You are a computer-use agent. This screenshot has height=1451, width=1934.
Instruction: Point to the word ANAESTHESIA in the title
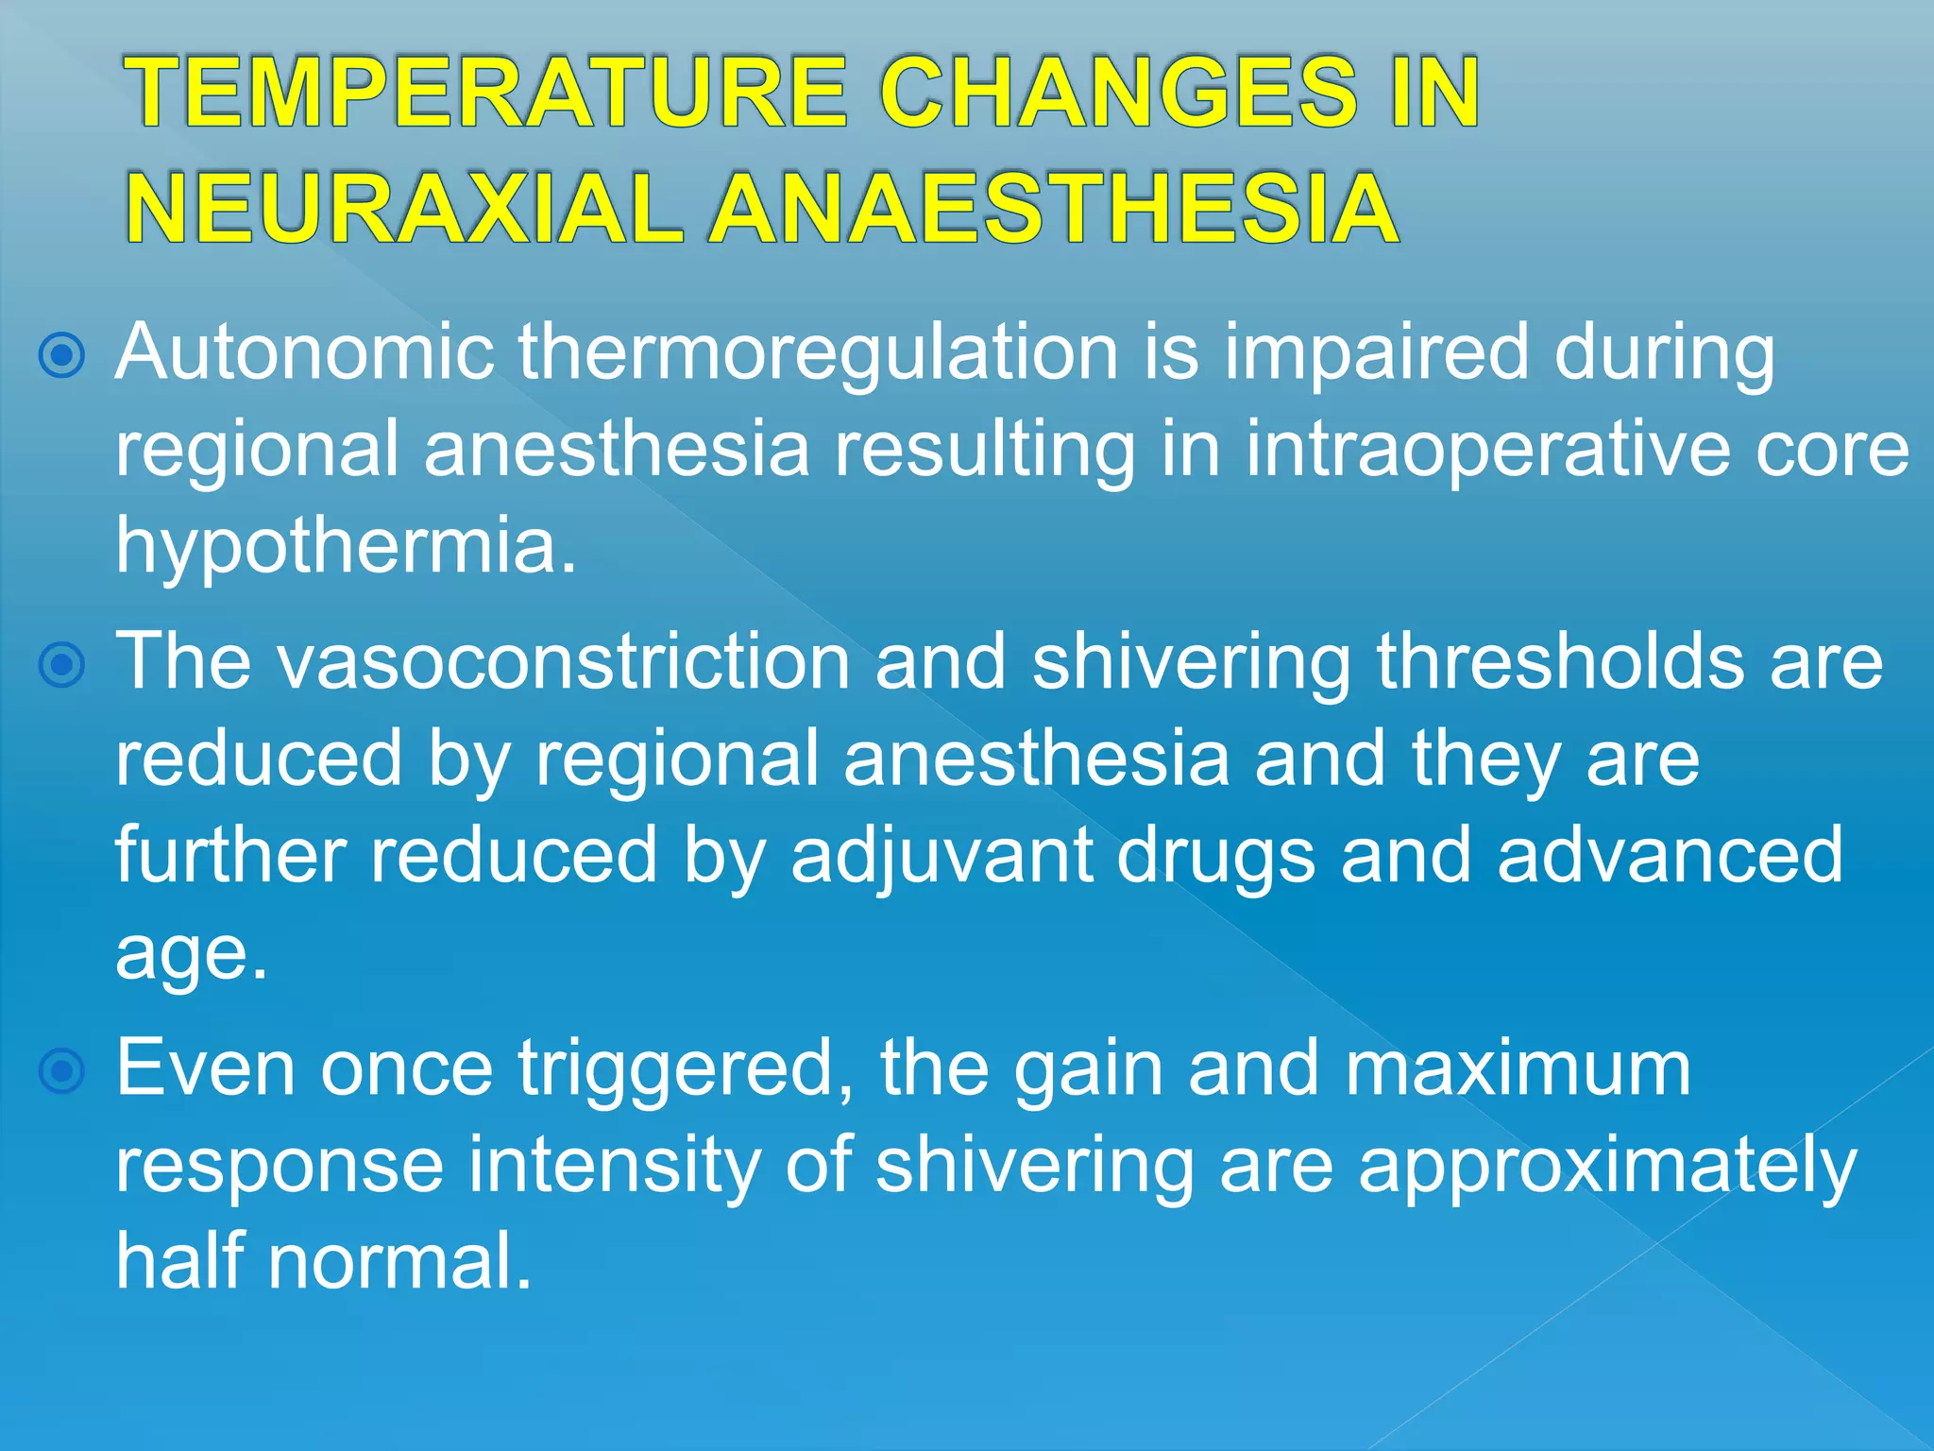pyautogui.click(x=1053, y=209)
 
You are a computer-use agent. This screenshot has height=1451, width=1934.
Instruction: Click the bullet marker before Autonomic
pyautogui.click(x=62, y=356)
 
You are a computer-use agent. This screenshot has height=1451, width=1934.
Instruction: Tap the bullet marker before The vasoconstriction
pyautogui.click(x=62, y=666)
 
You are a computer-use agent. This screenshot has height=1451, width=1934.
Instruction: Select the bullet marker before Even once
pyautogui.click(x=62, y=1071)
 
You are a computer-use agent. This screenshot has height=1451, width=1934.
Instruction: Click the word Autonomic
pyautogui.click(x=304, y=352)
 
